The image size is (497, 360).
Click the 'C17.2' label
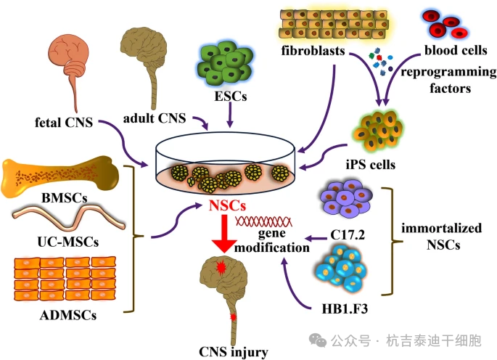click(347, 235)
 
